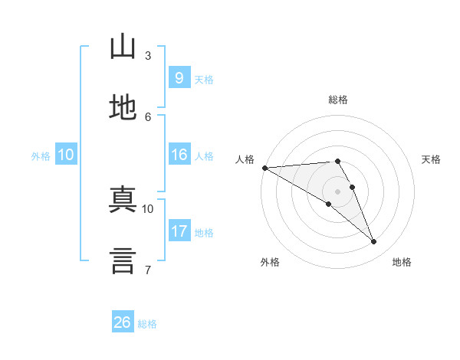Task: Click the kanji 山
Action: (123, 46)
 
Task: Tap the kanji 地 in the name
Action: (123, 107)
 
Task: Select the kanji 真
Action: (123, 199)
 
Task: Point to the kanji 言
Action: (123, 260)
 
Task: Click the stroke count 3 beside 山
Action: (148, 56)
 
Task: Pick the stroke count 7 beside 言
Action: (148, 270)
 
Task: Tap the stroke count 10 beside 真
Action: (147, 209)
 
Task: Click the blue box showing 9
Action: (179, 77)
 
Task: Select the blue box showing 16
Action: (179, 154)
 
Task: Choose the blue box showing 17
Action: (179, 230)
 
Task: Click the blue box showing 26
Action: (123, 321)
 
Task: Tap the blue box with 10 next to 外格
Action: (66, 154)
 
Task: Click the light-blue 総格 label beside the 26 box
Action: (147, 324)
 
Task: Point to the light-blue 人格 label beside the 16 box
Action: (204, 156)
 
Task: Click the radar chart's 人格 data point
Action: (265, 168)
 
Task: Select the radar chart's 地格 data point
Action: (373, 241)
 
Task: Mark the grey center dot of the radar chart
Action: (337, 191)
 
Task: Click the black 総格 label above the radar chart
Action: (338, 100)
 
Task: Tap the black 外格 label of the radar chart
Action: (270, 262)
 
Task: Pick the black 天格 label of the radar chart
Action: (431, 159)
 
